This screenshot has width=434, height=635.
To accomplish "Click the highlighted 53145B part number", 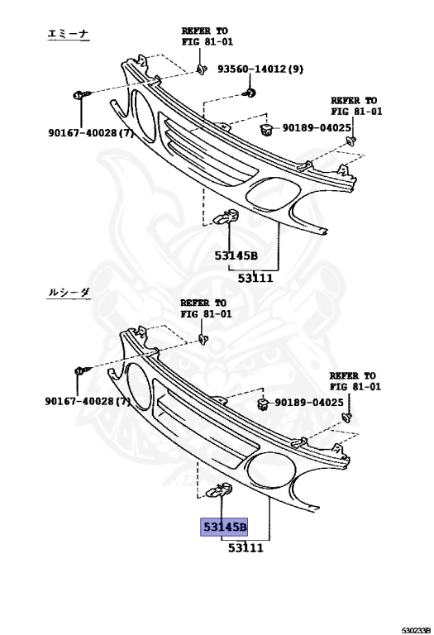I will coord(222,527).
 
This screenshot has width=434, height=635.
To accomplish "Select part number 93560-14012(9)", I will coord(260,69).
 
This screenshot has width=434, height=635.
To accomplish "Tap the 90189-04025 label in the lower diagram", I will coord(308,403).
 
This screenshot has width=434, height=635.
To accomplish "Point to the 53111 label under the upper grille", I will coord(256,279).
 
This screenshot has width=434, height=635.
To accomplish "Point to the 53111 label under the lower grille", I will coord(245,547).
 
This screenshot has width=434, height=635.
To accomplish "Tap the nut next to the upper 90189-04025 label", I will coord(267,128).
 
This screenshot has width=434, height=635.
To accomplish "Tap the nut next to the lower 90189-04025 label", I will coord(261,403).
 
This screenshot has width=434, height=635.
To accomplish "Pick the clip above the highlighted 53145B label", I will coord(219,494).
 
